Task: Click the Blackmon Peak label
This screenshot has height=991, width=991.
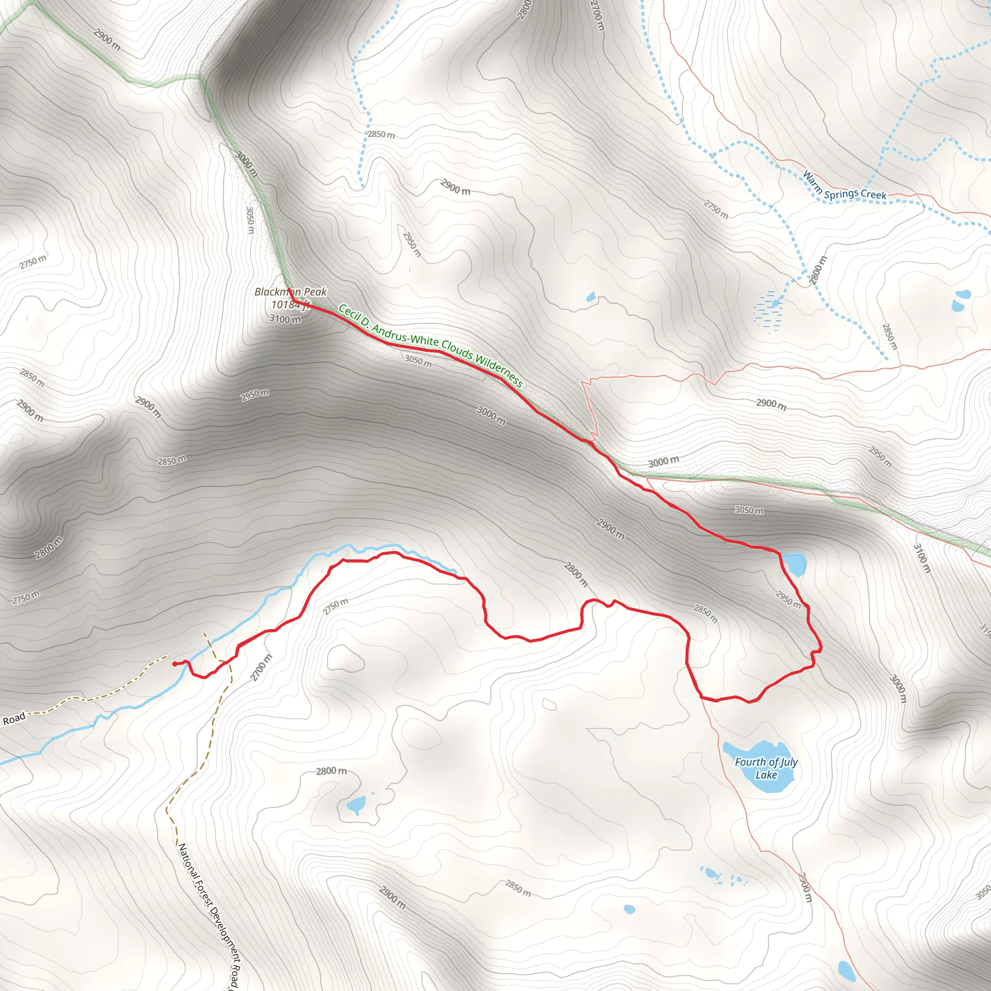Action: pos(290,292)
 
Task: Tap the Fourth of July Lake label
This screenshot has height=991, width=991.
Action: pos(766,768)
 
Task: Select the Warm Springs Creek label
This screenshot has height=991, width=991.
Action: pos(844,187)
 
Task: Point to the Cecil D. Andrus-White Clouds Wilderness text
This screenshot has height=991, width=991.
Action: pos(430,345)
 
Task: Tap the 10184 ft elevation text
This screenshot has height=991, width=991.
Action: pos(290,305)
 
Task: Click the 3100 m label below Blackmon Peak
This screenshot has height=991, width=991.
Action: pos(285,318)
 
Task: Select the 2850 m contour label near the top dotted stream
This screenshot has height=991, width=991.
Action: pos(381,135)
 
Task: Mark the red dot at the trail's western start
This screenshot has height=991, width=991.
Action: pos(175,664)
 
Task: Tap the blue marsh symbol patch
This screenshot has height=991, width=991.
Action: pos(766,310)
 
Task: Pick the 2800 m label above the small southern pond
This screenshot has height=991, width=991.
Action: pos(331,771)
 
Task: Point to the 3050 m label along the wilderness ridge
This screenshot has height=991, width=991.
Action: pos(418,360)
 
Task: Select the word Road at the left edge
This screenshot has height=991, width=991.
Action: pos(14,719)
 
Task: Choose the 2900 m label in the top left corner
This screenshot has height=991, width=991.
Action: pos(107,40)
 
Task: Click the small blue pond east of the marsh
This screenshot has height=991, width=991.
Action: pos(961,302)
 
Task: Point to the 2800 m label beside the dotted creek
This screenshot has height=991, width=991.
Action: pos(818,270)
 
